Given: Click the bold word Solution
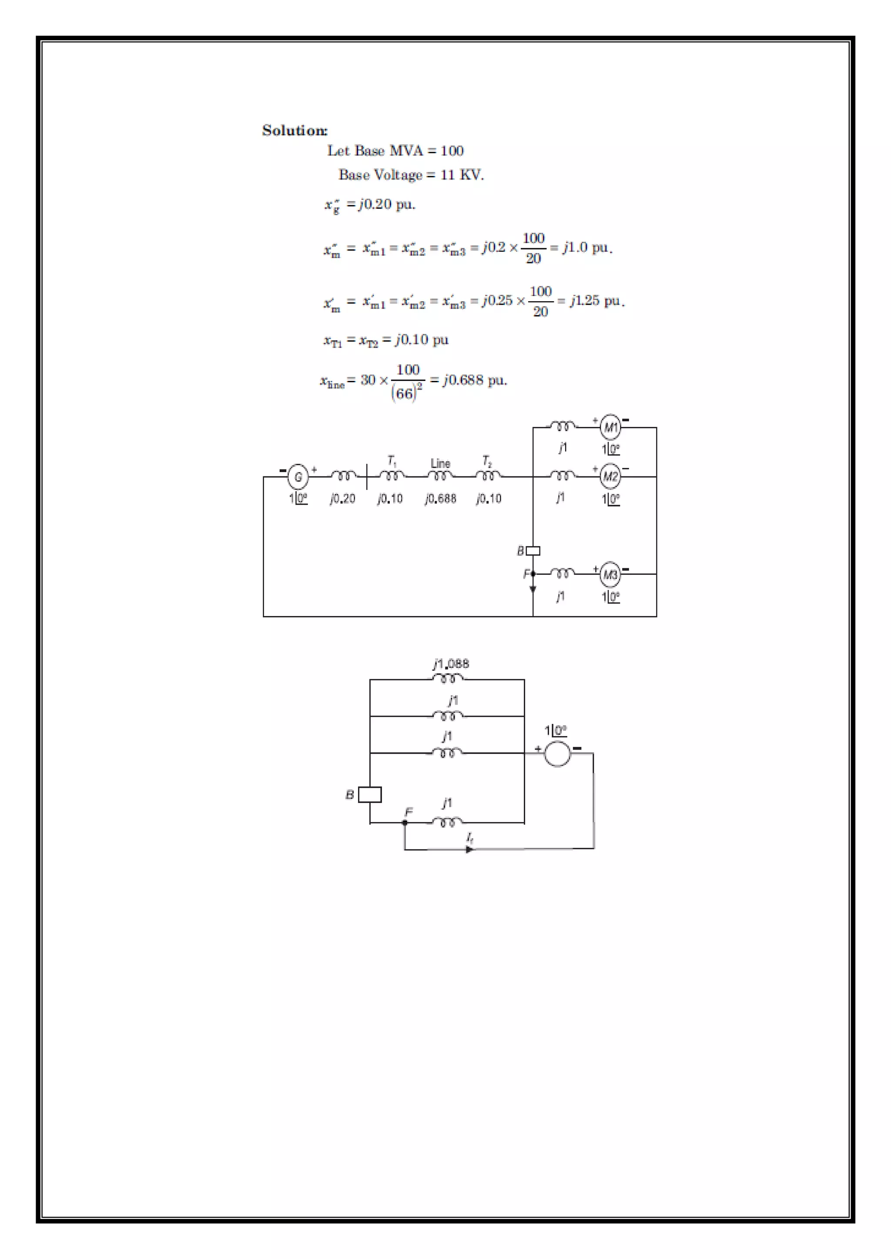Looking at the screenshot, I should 294,130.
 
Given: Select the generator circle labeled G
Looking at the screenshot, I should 298,476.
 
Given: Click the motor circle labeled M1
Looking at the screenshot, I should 611,427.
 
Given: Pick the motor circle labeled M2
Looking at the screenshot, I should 611,476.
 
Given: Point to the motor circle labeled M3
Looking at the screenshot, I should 611,574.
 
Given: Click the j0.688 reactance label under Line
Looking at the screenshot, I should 441,499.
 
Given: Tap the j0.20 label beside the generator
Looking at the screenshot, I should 342,499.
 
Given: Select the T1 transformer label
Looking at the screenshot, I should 392,461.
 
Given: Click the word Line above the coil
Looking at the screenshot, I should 440,463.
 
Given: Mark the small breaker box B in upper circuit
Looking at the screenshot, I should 533,550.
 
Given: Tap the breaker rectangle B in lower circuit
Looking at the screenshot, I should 370,795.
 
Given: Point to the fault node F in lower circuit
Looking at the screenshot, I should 405,822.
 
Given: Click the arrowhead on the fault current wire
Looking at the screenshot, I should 469,849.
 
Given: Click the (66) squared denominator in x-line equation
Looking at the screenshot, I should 406,393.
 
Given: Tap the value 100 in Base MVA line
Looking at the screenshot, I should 452,151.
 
